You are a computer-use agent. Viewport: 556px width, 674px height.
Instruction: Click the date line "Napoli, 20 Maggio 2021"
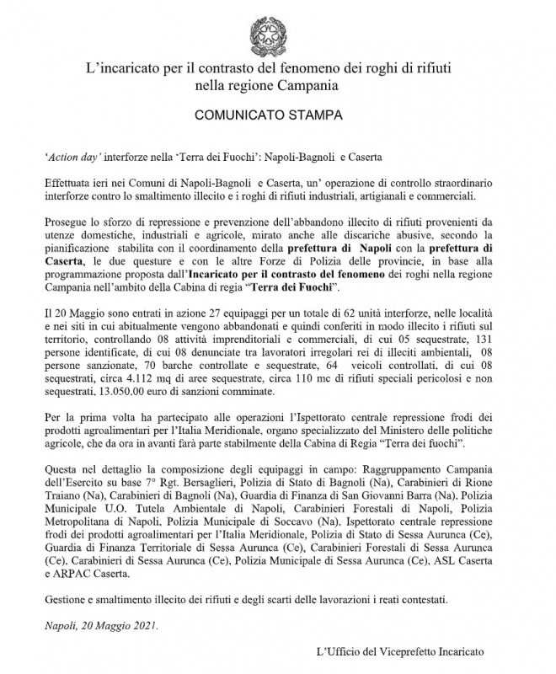(x=100, y=625)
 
